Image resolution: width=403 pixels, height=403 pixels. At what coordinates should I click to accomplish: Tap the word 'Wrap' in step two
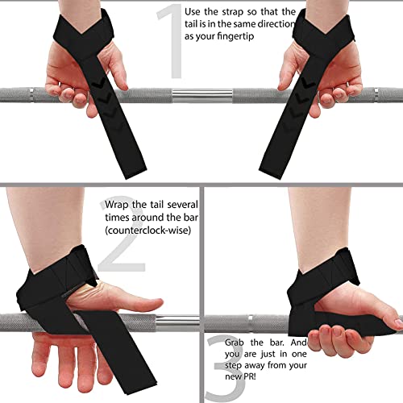click(118, 205)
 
